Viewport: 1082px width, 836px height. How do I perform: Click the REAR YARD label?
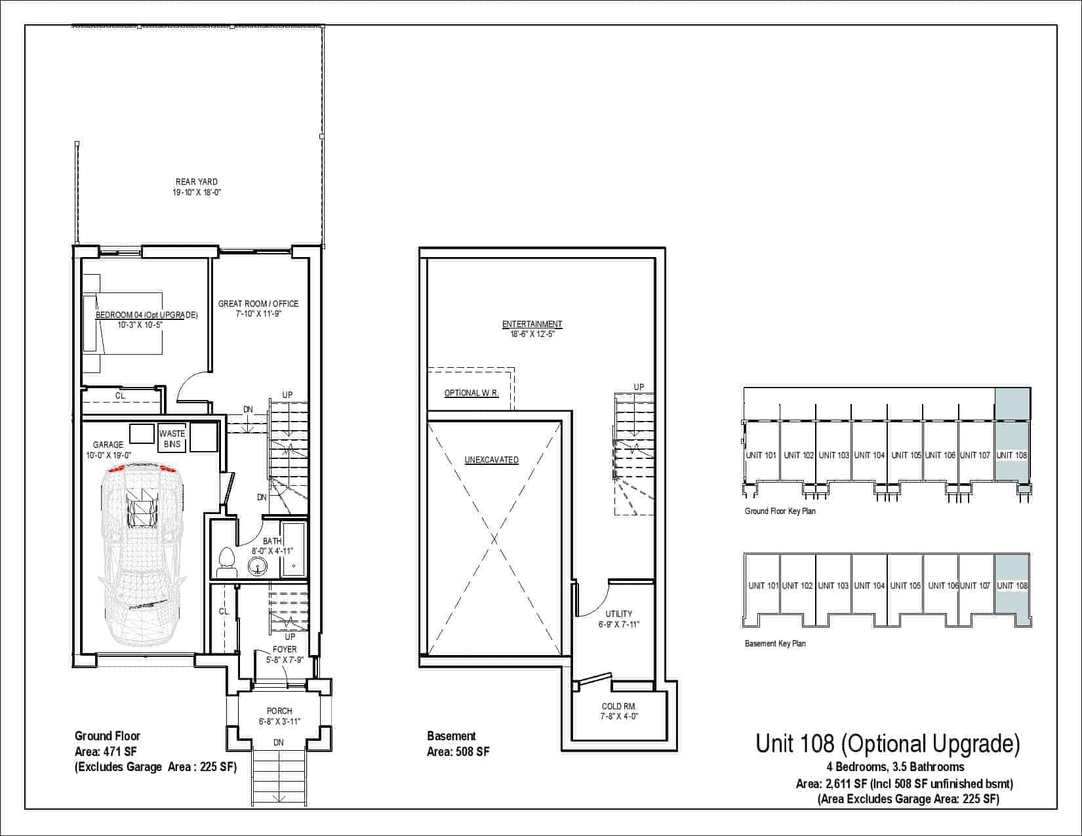tap(197, 182)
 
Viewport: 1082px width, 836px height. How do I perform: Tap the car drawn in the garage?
tap(142, 553)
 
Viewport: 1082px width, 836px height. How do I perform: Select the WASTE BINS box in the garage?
tap(172, 438)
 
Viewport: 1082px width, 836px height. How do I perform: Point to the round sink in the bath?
tap(258, 567)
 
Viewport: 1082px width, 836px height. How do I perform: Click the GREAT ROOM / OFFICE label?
tap(258, 304)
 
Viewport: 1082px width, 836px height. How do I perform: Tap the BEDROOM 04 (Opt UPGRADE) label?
tap(146, 315)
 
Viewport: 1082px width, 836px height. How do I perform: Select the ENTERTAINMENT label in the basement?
tap(532, 324)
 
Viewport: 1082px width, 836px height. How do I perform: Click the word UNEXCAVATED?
tap(491, 460)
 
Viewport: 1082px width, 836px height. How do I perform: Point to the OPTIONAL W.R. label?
tap(471, 393)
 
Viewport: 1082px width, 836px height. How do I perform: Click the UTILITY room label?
tap(619, 614)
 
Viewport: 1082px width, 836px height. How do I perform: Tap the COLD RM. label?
tap(619, 706)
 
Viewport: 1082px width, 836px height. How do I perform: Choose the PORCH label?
tap(279, 711)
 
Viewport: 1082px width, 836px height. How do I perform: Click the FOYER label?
tap(285, 649)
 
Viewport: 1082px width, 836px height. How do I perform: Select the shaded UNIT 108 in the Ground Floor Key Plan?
tap(1012, 455)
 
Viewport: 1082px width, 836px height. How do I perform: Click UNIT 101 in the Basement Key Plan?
tap(763, 586)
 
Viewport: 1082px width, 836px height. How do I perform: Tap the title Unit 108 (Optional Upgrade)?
tap(888, 744)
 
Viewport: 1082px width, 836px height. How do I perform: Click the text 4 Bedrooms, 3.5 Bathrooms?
tap(895, 766)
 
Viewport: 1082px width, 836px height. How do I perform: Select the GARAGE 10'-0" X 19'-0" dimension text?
tap(108, 455)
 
